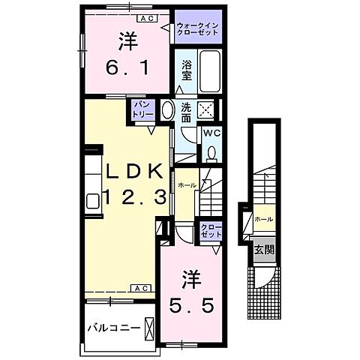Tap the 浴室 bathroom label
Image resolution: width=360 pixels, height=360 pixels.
[187, 70]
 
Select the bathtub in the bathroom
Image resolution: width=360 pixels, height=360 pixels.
[209, 70]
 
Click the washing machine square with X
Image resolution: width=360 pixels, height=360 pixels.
[209, 110]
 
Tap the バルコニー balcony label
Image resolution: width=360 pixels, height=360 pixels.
[112, 328]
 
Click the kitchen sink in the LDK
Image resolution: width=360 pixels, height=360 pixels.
[94, 200]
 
